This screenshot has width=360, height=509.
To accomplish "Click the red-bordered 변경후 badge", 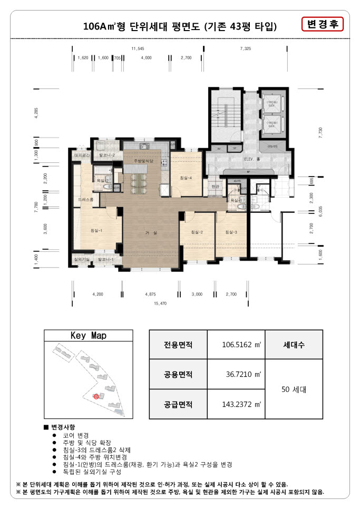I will click(323, 24).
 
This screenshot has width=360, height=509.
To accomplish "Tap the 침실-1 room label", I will click(96, 230).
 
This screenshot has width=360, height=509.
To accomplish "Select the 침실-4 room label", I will click(186, 178).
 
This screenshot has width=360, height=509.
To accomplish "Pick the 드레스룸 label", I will click(86, 200).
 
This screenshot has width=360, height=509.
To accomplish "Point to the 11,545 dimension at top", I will click(138, 48).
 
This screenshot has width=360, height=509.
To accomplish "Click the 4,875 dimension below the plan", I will click(151, 294).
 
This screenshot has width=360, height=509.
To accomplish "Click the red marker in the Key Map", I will click(95, 396).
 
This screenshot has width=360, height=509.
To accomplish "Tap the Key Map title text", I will click(88, 336).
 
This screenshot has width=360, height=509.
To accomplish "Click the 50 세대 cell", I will click(293, 390).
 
